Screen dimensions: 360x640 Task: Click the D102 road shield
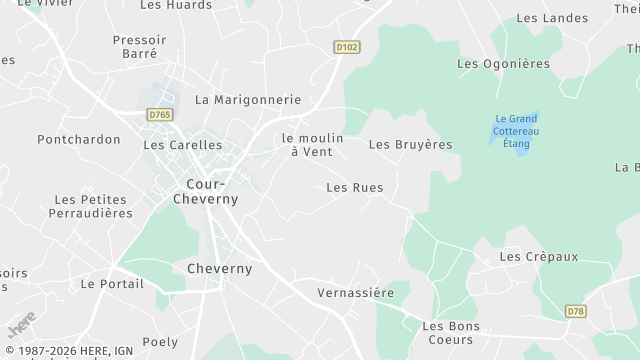346,47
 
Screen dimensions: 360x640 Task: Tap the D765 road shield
160,115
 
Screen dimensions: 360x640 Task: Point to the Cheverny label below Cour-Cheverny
220,268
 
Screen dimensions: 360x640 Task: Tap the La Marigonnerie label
248,99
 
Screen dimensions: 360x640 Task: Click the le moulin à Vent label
312,144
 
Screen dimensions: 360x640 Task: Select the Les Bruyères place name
410,144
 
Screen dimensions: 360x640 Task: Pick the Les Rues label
355,187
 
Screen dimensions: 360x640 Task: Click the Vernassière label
355,292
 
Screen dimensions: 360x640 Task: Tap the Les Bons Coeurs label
451,332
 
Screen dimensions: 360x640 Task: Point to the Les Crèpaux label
538,256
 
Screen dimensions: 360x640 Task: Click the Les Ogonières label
503,63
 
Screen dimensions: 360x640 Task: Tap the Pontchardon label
79,139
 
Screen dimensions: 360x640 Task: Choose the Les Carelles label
183,144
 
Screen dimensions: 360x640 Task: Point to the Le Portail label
113,283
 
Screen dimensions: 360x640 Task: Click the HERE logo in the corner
21,324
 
